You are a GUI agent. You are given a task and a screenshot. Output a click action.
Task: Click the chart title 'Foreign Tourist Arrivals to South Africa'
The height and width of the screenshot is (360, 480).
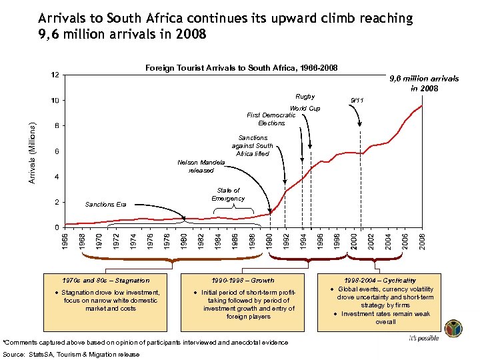[x=241, y=68]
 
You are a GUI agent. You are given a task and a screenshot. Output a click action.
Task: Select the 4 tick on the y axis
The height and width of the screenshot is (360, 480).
[x=57, y=177]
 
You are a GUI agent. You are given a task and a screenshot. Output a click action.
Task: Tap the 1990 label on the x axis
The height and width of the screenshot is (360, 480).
[x=269, y=241]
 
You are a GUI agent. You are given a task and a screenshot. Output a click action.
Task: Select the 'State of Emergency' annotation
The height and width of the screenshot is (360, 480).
[x=228, y=195]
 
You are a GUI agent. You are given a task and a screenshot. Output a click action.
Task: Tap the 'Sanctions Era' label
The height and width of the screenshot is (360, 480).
[x=105, y=205]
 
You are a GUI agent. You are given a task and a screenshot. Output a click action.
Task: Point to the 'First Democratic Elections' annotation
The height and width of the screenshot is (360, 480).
[x=271, y=119]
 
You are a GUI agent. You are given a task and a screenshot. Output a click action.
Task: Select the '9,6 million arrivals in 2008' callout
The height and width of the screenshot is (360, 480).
[x=424, y=83]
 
